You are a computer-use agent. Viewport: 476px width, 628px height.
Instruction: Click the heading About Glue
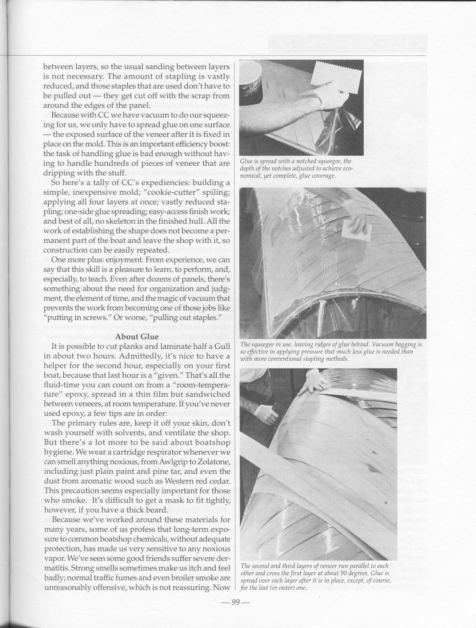click(x=137, y=337)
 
